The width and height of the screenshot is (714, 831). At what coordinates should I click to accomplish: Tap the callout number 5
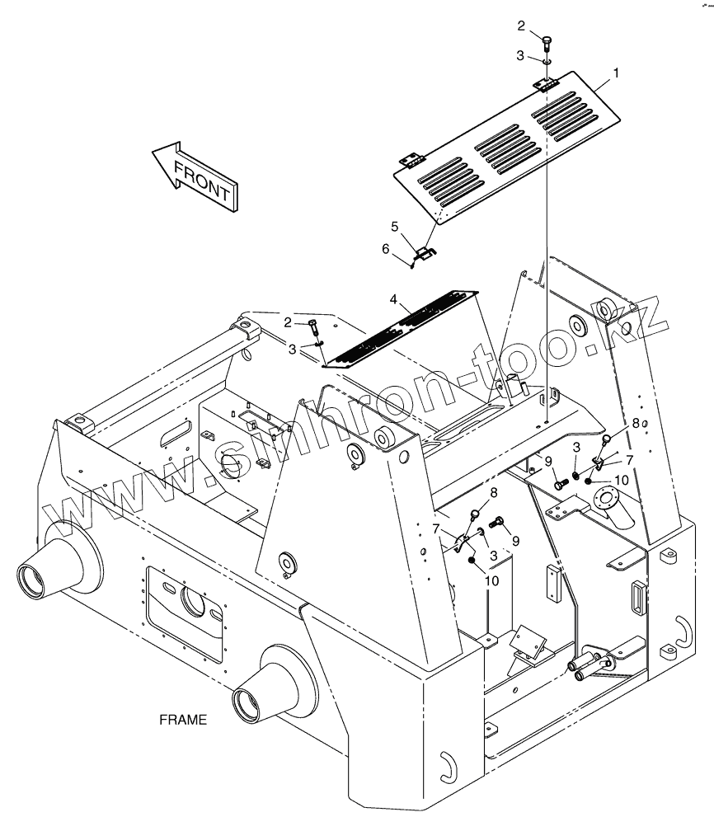[x=395, y=226]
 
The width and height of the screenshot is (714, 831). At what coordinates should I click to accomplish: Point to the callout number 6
[x=385, y=247]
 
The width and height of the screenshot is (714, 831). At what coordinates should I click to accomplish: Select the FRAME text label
[x=183, y=719]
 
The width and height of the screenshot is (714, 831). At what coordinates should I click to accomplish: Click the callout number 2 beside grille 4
[x=288, y=322]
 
